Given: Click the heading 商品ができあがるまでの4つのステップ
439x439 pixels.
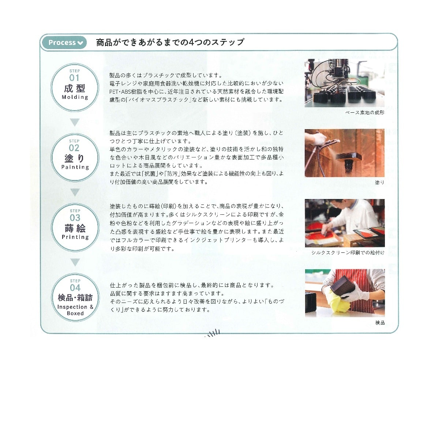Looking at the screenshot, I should point(170,42).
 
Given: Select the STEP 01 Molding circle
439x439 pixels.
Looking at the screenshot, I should point(75,87).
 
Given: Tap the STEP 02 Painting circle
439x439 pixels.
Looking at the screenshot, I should point(75,157).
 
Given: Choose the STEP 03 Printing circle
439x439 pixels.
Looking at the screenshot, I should point(75,227).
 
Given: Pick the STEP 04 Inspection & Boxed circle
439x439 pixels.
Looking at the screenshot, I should point(75,297).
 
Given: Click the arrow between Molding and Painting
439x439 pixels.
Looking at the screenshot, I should point(75,122).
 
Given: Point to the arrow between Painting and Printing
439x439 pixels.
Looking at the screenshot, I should point(75,192).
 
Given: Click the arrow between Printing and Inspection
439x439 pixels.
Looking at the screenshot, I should point(75,262).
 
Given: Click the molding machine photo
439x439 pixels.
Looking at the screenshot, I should point(345,83).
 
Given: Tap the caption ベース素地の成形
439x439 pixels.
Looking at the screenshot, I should point(365,113).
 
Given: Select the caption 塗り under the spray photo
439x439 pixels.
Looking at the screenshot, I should point(380,183).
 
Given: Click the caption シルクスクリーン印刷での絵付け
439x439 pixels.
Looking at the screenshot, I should point(348,253).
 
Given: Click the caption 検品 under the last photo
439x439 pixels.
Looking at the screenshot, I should point(380,323).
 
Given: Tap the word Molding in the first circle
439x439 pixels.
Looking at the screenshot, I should point(75,97).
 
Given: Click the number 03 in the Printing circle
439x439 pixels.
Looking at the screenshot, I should point(75,218).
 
